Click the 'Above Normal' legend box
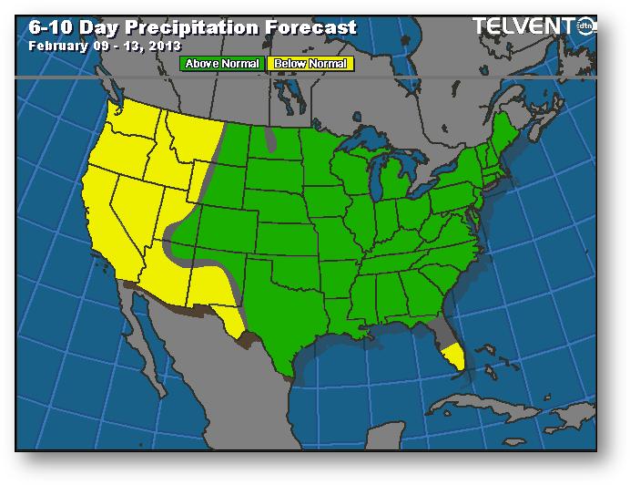tap(223, 64)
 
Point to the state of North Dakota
tap(271, 150)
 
